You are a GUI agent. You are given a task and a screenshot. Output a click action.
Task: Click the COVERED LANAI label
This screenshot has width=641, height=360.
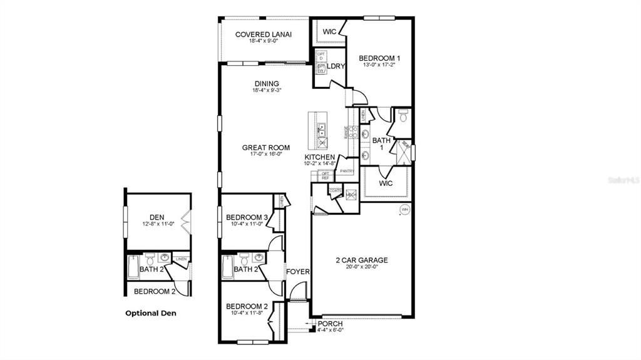click(x=264, y=34)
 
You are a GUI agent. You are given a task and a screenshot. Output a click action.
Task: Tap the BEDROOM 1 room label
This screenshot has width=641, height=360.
click(x=379, y=58)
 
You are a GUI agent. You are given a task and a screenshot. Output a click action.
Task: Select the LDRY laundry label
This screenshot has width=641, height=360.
click(x=336, y=66)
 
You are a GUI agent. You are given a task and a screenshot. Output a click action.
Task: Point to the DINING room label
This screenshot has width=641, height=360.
click(x=266, y=84)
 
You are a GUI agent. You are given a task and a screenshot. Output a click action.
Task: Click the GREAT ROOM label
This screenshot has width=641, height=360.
click(x=266, y=148)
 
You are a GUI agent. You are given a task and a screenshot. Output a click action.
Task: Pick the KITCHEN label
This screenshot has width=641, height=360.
click(x=320, y=157)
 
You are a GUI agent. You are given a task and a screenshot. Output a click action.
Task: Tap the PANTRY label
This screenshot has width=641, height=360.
click(x=347, y=171)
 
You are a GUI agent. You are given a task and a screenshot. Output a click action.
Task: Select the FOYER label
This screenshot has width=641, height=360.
click(x=298, y=272)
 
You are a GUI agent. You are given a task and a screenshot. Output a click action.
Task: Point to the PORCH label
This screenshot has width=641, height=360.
click(x=330, y=323)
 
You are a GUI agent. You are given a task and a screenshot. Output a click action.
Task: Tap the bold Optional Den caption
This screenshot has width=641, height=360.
click(x=151, y=313)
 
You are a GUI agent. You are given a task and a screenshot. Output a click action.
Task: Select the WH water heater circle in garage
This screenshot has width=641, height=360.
click(x=404, y=209)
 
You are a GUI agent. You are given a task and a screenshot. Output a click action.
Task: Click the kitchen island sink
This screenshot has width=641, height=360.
click(x=322, y=131)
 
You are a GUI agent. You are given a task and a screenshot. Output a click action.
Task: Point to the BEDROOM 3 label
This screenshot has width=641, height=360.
click(x=248, y=217)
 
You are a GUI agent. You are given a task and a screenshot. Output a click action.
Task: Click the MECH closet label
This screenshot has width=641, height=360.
click(x=350, y=195)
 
